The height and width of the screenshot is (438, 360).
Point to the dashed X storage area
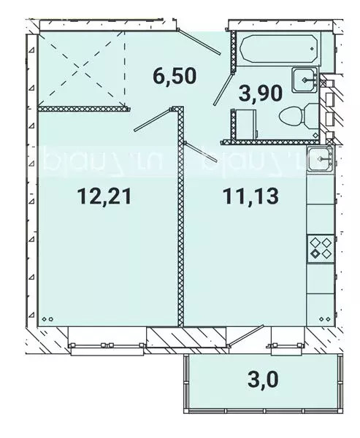point(82,69)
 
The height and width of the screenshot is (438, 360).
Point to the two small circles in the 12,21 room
point(47,319)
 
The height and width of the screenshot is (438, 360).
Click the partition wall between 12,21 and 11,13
point(180,219)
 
